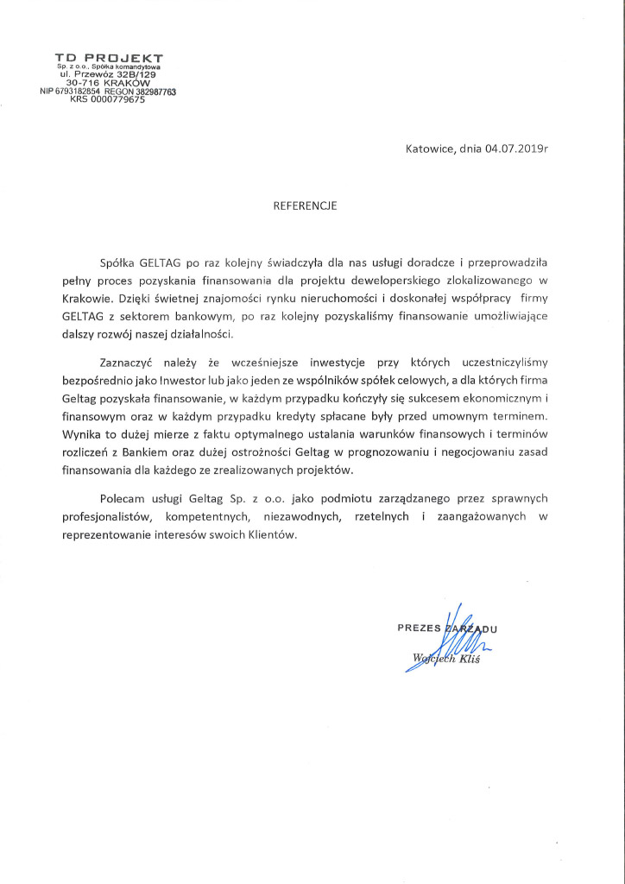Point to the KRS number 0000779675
point(113,99)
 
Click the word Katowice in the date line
point(429,148)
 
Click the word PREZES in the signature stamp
point(419,628)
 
